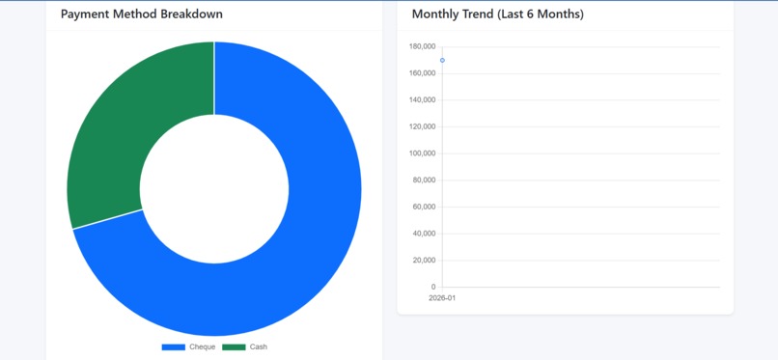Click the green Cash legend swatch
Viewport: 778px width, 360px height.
click(234, 346)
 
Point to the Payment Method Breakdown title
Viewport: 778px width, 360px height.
click(142, 14)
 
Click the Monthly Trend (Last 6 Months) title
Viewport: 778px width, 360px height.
click(497, 14)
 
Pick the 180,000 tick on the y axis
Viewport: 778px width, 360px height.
click(423, 46)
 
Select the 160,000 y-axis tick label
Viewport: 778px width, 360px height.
click(423, 73)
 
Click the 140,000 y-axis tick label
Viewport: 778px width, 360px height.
click(423, 100)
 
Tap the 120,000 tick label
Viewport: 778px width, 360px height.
click(423, 126)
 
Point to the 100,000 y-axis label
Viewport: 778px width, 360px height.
click(423, 153)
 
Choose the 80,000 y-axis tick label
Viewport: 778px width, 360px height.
click(425, 180)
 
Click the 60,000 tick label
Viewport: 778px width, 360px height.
click(425, 207)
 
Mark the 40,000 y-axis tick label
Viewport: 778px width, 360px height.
click(425, 234)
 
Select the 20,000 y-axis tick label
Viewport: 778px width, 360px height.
click(425, 261)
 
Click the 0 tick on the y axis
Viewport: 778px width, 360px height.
click(433, 287)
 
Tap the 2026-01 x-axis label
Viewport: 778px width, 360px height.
click(442, 298)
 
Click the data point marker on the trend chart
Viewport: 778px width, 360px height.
click(442, 61)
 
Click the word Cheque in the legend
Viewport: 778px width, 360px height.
click(203, 346)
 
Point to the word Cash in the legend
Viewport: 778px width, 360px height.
click(259, 346)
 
